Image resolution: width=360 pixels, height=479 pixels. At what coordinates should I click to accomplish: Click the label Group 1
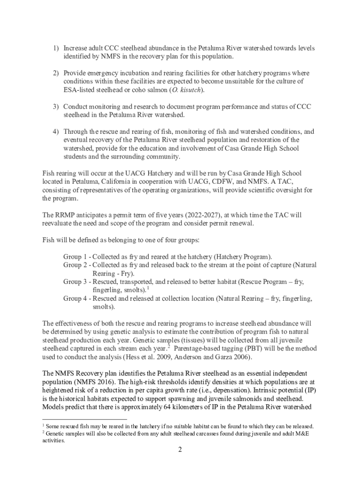[x=76, y=257]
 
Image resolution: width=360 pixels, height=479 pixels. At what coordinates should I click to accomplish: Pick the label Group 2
[x=76, y=265]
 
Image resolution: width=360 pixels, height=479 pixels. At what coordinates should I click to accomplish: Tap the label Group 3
[x=76, y=282]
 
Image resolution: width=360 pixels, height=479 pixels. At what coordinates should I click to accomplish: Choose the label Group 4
[x=76, y=298]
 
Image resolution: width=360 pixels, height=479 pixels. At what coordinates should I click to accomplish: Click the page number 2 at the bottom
[x=180, y=450]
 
